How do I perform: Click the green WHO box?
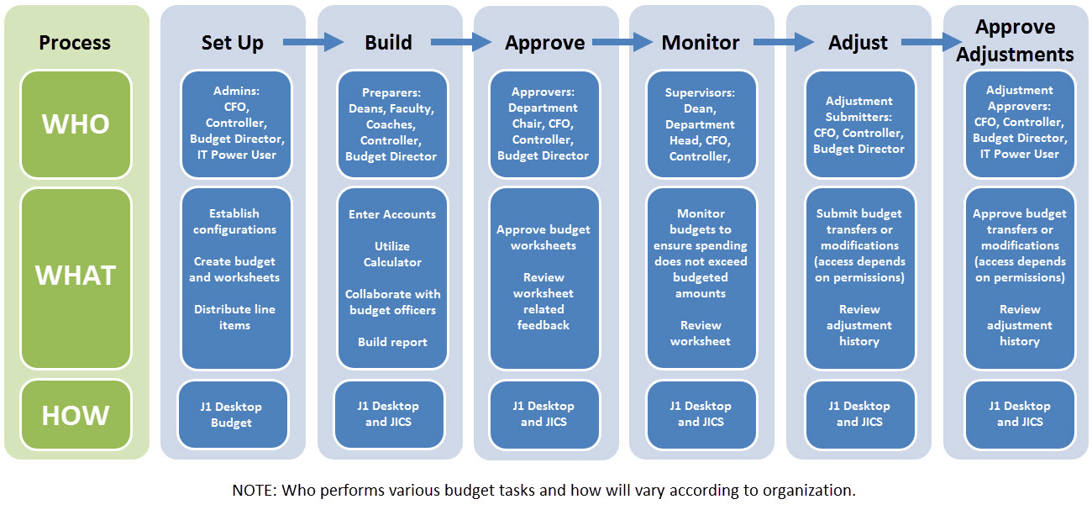tap(76, 124)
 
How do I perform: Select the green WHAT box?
tap(76, 277)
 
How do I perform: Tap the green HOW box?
tap(76, 415)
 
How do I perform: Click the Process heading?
tap(76, 43)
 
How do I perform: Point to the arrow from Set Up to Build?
tap(312, 42)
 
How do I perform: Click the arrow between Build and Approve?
tap(460, 42)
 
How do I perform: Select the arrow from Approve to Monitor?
tap(622, 42)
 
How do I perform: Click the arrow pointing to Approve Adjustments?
tap(931, 42)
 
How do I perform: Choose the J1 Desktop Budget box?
tap(232, 415)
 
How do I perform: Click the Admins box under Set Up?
tap(237, 124)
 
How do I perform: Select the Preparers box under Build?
tap(392, 124)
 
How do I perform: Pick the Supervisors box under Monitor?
tap(701, 124)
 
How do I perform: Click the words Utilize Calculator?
tap(392, 255)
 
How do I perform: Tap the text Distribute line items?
tap(235, 318)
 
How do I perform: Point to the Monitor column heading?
tap(701, 43)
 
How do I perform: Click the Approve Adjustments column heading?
tap(1015, 41)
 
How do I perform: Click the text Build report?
tap(392, 342)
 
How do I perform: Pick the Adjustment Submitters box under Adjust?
tap(858, 124)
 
